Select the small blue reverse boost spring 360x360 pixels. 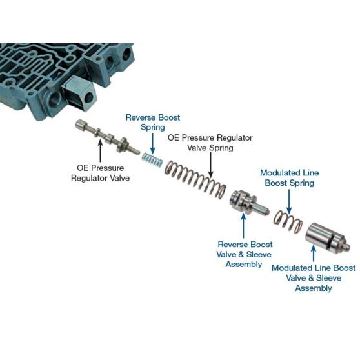click(152, 159)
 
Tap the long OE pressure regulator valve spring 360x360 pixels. click(195, 179)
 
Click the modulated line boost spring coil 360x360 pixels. click(288, 221)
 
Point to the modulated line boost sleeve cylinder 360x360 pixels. click(327, 239)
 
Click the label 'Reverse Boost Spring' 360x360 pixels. click(153, 122)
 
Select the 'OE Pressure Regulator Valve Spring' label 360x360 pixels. click(210, 143)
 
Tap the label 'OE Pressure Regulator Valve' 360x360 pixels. click(101, 173)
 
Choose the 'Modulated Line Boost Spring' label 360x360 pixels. click(290, 177)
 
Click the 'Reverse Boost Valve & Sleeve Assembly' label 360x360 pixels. click(244, 254)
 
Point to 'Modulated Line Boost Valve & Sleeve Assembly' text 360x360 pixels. click(314, 278)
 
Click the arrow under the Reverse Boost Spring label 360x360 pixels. click(153, 143)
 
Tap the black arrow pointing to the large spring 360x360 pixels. click(211, 165)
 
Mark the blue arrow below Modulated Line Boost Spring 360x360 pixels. click(289, 201)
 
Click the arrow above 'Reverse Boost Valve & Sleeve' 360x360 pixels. click(244, 226)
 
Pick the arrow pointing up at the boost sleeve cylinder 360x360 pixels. click(314, 253)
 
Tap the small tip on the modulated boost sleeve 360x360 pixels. click(347, 247)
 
